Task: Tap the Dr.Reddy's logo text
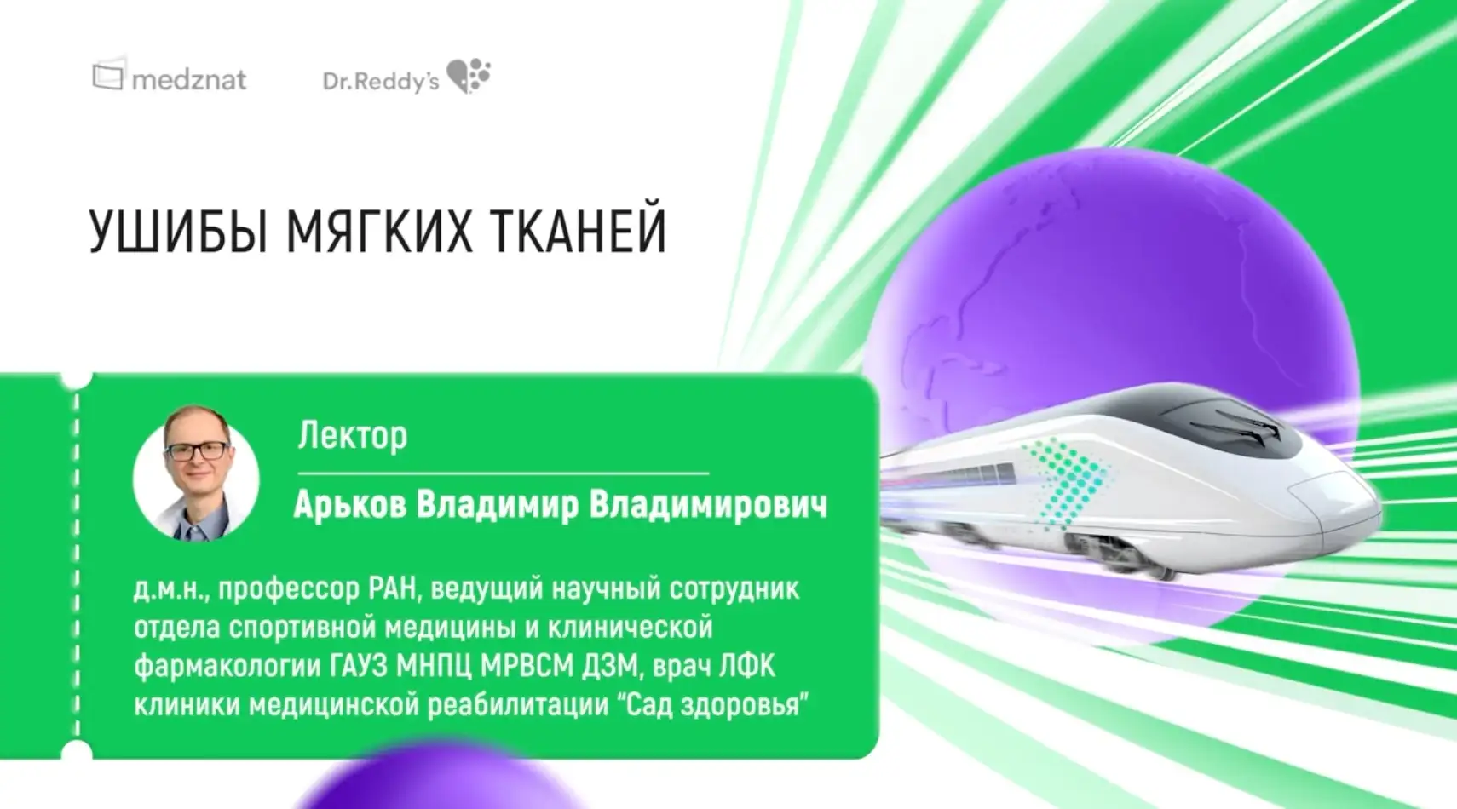[381, 81]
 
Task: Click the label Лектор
[352, 436]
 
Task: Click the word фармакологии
[226, 666]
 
